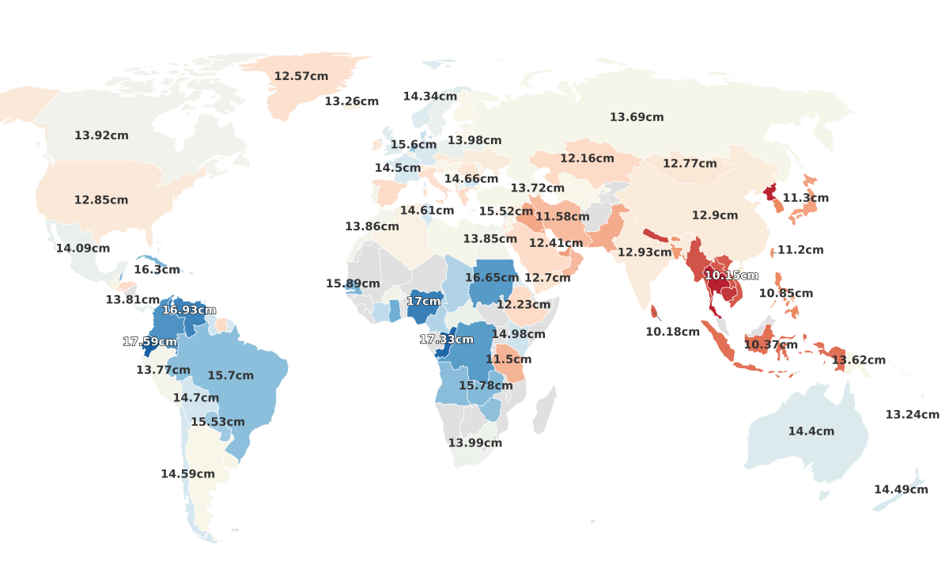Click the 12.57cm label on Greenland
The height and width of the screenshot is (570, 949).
pyautogui.click(x=301, y=76)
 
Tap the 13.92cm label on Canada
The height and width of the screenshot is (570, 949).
pyautogui.click(x=101, y=135)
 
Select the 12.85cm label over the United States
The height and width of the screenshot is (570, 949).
pyautogui.click(x=101, y=200)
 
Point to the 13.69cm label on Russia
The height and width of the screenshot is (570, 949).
pyautogui.click(x=637, y=117)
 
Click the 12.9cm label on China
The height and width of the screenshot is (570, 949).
pyautogui.click(x=715, y=215)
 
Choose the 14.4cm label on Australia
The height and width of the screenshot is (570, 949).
pyautogui.click(x=811, y=431)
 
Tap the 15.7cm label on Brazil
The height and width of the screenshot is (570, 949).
pyautogui.click(x=231, y=375)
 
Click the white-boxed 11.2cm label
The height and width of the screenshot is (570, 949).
pyautogui.click(x=800, y=250)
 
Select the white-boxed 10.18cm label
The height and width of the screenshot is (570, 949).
pyautogui.click(x=672, y=332)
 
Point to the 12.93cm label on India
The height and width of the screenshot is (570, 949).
pyautogui.click(x=645, y=253)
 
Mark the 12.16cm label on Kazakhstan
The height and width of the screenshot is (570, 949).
pyautogui.click(x=587, y=158)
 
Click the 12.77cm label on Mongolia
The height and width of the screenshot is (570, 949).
pyautogui.click(x=690, y=164)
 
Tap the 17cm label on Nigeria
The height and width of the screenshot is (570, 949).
pyautogui.click(x=424, y=302)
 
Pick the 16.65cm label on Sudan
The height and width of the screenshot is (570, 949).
pyautogui.click(x=492, y=278)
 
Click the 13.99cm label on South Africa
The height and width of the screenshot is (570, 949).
pyautogui.click(x=475, y=443)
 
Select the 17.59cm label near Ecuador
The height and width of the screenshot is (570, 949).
pyautogui.click(x=149, y=342)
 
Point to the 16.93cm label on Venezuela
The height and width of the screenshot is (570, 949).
pyautogui.click(x=189, y=310)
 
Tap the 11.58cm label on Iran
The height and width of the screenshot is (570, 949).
pyautogui.click(x=562, y=217)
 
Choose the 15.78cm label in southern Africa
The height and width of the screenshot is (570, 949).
pyautogui.click(x=486, y=386)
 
